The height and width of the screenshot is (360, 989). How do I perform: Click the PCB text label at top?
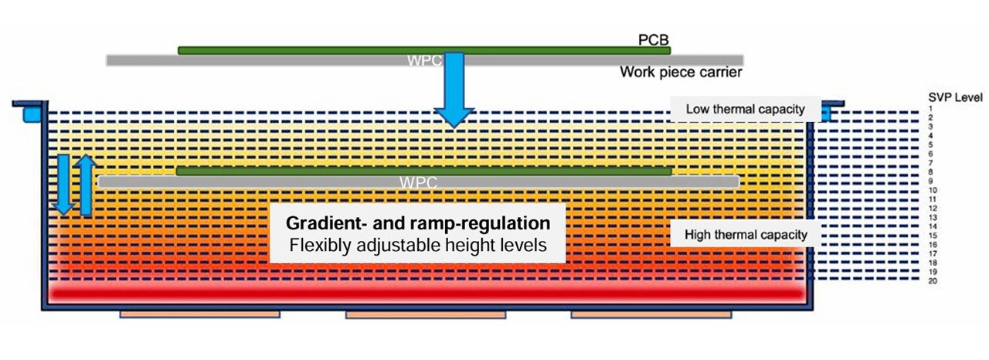point(651,39)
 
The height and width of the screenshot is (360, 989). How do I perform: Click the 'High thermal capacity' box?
point(739,234)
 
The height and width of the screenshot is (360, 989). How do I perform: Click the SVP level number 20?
point(933,280)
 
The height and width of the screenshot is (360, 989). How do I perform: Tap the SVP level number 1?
point(931,109)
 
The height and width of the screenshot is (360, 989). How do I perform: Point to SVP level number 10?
point(933,190)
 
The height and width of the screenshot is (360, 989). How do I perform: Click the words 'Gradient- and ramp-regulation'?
point(418,223)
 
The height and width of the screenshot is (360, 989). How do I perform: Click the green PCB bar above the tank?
point(423,50)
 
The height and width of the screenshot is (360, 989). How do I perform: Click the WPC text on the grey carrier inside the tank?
point(418,183)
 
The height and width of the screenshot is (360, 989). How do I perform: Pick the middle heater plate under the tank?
point(425,315)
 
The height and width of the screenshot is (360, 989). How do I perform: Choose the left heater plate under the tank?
point(199,315)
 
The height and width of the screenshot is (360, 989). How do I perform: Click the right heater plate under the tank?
point(651,315)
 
